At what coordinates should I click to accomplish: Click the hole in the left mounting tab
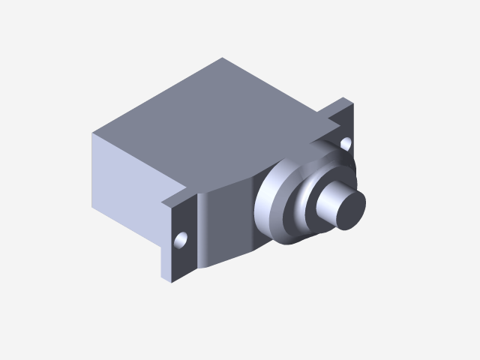181,240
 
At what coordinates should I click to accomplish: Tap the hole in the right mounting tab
346,141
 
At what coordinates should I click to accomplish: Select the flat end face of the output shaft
348,209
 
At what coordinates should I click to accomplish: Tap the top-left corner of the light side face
93,135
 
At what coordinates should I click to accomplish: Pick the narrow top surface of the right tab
334,109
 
